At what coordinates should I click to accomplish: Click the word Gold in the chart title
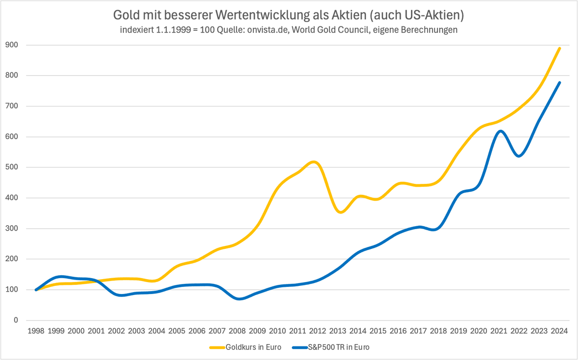tap(126, 15)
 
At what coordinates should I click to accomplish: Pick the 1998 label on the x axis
tap(36, 331)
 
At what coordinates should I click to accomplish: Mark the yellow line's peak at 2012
tap(314, 162)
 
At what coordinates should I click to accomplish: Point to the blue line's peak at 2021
tap(499, 131)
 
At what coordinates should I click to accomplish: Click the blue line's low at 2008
tap(239, 299)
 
